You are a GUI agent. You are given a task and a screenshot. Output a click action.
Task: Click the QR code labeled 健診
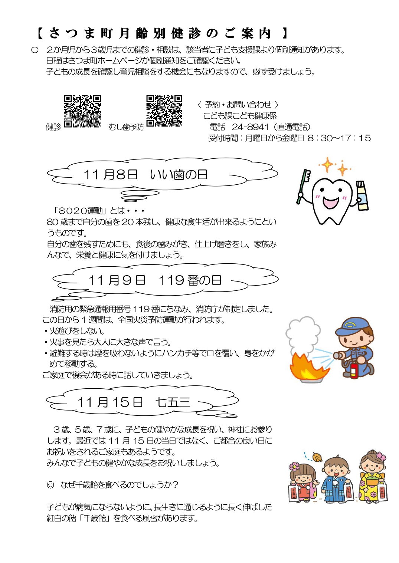[x=82, y=111]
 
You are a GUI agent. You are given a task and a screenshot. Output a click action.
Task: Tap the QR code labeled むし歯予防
[x=164, y=111]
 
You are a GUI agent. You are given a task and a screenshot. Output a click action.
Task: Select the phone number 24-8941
[x=250, y=127]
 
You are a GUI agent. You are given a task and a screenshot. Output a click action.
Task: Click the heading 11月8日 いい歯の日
[x=145, y=175]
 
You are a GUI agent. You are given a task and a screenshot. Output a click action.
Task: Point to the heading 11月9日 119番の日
[x=155, y=280]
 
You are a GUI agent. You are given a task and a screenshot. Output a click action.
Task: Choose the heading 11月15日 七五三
[x=134, y=402]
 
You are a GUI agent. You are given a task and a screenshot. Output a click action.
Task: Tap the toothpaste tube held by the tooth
[x=363, y=195]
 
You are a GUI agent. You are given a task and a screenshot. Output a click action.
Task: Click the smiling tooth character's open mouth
[x=331, y=201]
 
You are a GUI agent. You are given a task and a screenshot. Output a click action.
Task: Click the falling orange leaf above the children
[x=317, y=457]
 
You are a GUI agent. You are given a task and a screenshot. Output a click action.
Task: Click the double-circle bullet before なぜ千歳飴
[x=50, y=485]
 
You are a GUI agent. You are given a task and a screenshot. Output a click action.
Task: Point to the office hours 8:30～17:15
[x=339, y=138]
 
